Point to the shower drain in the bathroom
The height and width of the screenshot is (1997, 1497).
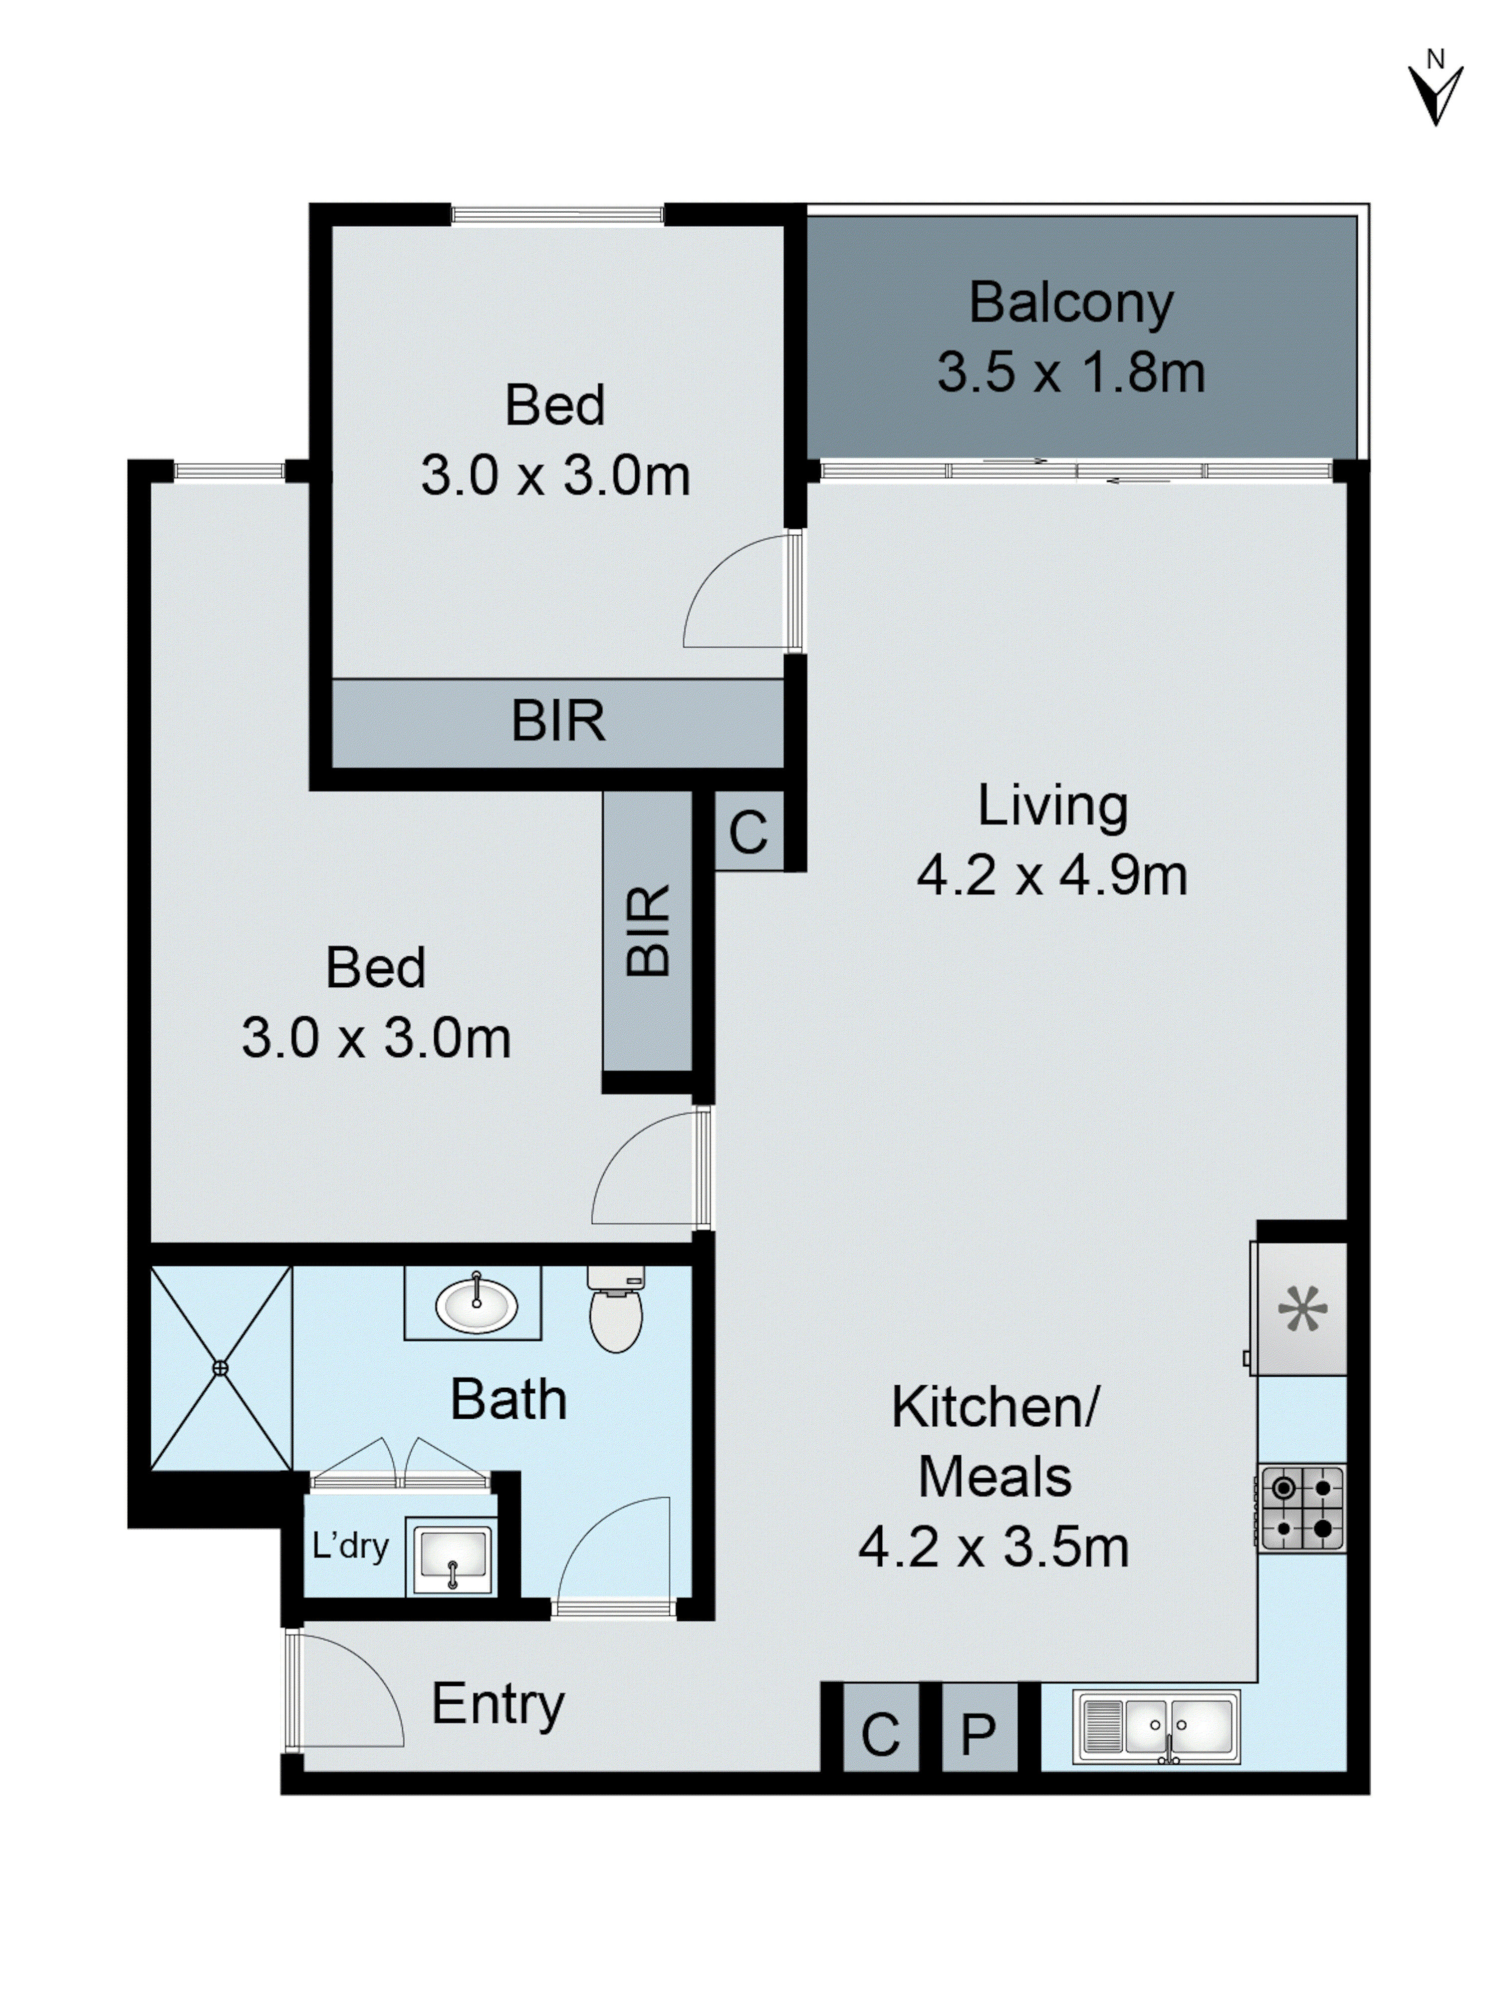coord(220,1369)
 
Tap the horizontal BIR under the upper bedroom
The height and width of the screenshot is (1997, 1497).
coord(558,722)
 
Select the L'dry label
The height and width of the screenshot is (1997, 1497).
coord(350,1546)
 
